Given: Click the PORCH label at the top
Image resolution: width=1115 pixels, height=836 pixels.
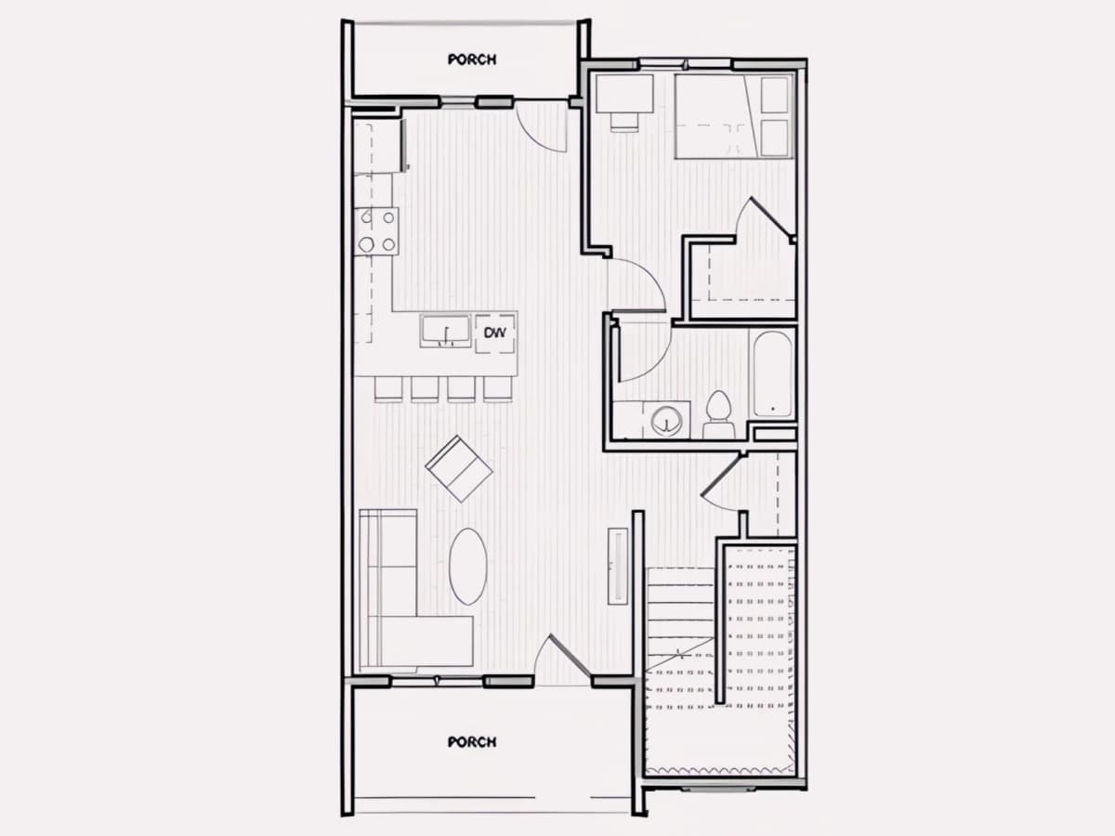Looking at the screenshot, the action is [472, 59].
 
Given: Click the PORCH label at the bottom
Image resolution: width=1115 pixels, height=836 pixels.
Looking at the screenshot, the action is [472, 742].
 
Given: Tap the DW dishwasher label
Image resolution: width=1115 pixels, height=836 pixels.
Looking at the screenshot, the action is [494, 333].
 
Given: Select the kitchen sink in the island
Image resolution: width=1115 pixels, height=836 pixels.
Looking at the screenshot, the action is [445, 332].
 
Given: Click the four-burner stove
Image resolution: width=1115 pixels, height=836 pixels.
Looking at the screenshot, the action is [376, 231].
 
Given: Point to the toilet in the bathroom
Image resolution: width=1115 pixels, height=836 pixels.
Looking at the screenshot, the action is [719, 413].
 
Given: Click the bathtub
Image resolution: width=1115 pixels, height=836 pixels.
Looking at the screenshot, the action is [773, 374].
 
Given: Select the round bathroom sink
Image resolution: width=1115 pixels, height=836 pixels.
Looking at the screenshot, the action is [666, 420].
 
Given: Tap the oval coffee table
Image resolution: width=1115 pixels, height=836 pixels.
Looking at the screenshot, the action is [468, 567].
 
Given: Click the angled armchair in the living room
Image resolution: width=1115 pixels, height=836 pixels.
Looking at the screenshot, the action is [459, 468].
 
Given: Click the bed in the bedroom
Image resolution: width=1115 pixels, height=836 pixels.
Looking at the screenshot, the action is [734, 116].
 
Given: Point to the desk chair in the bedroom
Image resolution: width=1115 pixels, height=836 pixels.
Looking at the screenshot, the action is [624, 123].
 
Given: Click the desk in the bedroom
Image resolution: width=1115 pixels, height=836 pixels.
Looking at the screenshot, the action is [624, 94].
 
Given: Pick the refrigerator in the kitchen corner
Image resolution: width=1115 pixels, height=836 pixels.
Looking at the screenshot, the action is [378, 146].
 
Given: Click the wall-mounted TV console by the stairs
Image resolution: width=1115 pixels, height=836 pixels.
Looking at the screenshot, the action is [618, 566].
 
